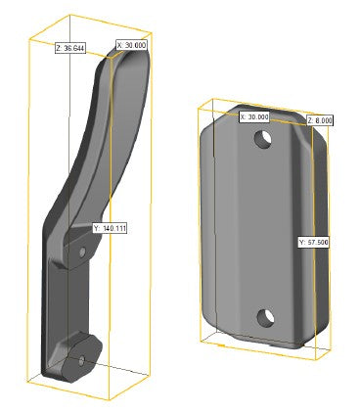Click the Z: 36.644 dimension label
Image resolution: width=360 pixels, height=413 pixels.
(70, 49)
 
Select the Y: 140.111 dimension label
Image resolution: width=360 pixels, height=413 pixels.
(110, 228)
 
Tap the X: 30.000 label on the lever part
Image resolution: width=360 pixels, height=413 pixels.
(131, 45)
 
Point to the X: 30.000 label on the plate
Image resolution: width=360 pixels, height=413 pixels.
(254, 117)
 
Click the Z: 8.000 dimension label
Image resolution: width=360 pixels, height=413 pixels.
(320, 120)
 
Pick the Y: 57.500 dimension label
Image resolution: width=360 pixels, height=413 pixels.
(313, 243)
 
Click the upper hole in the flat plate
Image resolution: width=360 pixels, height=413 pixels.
(263, 139)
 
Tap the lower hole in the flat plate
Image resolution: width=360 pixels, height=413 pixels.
(265, 318)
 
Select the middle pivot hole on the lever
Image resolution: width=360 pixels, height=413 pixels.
(82, 252)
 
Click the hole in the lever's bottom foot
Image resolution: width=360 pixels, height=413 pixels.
(81, 361)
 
